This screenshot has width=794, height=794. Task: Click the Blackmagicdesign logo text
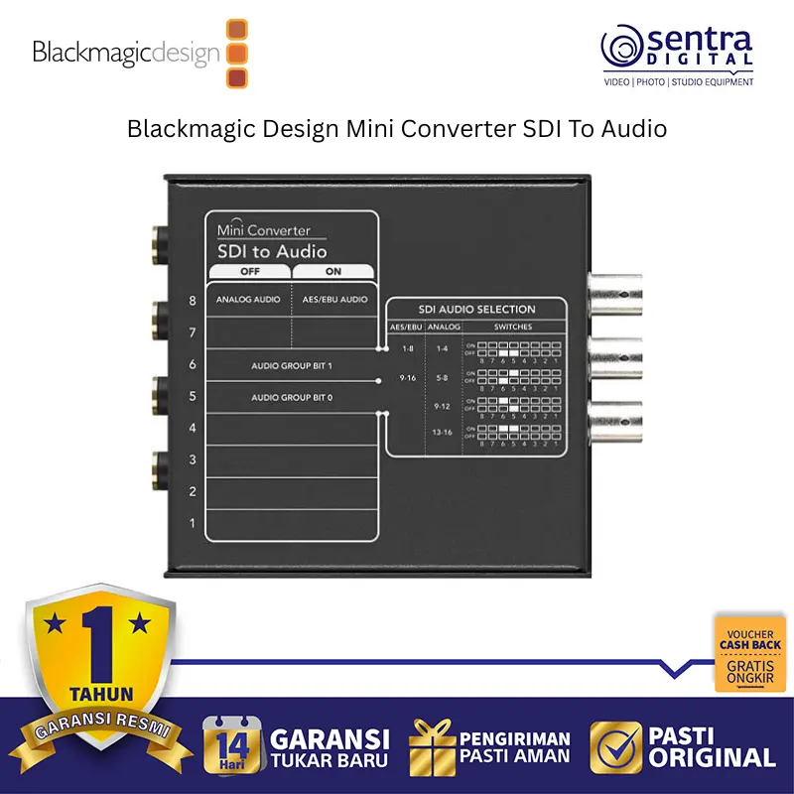(x=125, y=53)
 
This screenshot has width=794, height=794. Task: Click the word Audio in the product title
(x=633, y=129)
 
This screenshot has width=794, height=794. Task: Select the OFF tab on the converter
(x=249, y=272)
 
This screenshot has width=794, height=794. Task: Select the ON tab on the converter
(x=332, y=272)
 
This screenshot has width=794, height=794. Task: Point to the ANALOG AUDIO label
(x=248, y=299)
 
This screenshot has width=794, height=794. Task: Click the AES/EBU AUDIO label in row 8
(x=333, y=299)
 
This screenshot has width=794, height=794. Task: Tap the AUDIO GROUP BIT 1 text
(x=292, y=366)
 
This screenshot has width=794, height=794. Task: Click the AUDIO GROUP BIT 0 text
(x=292, y=398)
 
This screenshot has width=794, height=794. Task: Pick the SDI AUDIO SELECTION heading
(x=478, y=310)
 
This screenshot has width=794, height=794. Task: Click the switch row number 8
(x=192, y=300)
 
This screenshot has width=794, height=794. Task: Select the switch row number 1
(x=192, y=523)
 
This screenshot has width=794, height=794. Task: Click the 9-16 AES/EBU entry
(x=406, y=378)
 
